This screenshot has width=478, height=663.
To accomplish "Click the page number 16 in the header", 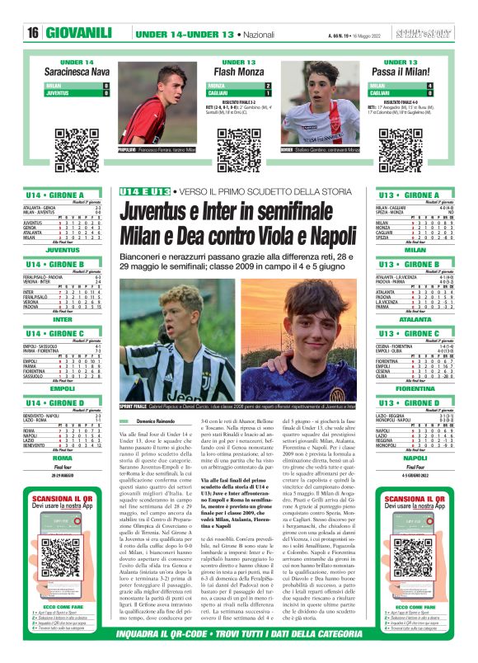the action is [34, 33].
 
